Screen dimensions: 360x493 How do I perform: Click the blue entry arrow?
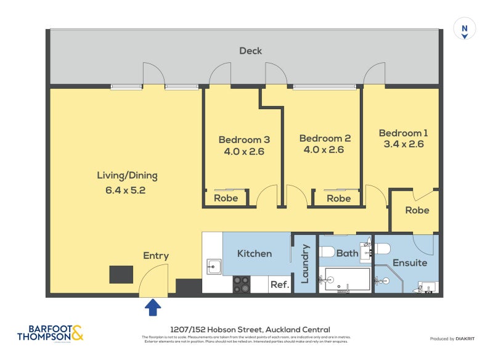point(153,308)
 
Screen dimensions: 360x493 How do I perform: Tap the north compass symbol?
point(465,30)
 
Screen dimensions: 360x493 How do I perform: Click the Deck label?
point(251,51)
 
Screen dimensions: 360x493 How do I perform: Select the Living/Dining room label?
point(127,176)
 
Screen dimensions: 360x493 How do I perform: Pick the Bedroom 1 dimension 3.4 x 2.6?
point(403,144)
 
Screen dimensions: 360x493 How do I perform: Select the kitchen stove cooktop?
point(241,284)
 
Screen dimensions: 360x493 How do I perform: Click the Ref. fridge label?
point(279,285)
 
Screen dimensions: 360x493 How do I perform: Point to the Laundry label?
point(304,264)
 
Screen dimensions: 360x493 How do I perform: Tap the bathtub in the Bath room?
point(345,279)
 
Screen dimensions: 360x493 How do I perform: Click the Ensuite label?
point(410,263)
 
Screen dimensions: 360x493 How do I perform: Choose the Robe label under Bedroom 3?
point(226,198)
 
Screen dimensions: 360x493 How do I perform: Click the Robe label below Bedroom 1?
point(417,210)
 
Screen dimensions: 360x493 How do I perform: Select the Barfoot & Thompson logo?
point(51,333)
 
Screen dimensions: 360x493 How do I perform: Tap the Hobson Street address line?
point(250,330)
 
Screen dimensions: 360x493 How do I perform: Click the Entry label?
point(156,256)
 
